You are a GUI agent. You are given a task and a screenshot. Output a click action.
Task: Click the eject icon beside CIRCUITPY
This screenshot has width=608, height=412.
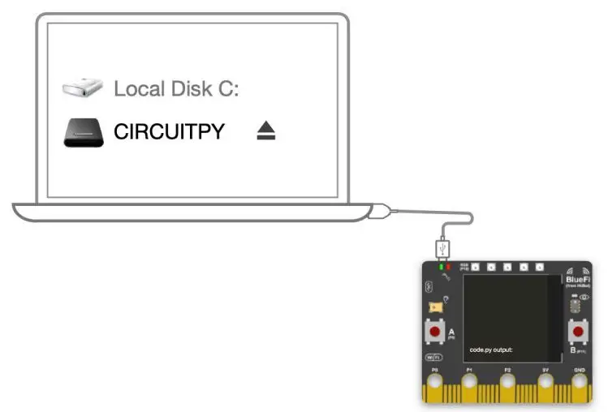click(266, 131)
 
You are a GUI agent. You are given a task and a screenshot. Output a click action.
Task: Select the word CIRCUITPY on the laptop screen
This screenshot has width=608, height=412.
click(169, 131)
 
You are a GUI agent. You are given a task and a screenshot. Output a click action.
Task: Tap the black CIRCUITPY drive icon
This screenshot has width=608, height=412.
click(84, 132)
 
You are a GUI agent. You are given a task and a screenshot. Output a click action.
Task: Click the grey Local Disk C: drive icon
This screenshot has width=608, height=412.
click(84, 87)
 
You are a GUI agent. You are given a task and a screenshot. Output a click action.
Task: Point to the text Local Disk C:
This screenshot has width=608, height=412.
click(176, 88)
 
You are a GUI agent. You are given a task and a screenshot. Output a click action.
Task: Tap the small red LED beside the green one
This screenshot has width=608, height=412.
click(448, 266)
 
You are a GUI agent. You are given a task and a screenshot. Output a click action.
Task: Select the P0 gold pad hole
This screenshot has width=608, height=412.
click(435, 384)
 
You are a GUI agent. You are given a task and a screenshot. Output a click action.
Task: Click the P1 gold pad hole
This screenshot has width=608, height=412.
click(470, 384)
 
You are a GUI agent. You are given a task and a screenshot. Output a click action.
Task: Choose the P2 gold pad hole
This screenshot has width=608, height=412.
click(508, 384)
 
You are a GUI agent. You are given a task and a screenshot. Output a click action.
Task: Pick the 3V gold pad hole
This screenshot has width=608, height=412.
click(545, 384)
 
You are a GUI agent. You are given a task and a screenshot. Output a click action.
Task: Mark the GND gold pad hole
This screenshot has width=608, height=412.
click(580, 384)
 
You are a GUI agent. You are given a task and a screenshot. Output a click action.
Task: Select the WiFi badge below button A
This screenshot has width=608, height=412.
click(434, 357)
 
